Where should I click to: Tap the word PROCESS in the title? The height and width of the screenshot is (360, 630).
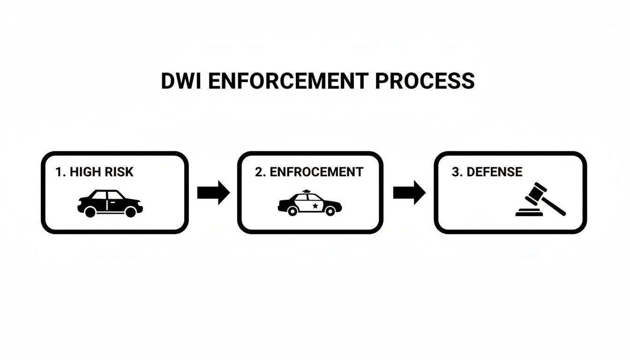[x=425, y=81]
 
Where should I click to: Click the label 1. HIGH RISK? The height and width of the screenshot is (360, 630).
[x=94, y=172]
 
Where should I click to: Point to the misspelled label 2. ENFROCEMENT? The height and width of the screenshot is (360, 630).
[x=309, y=172]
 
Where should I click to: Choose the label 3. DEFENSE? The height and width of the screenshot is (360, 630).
[x=487, y=172]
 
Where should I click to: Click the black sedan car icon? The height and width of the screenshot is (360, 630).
[x=110, y=203]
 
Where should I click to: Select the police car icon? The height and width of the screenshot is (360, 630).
[x=309, y=204]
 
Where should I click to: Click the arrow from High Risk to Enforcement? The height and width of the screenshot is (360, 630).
[x=213, y=192]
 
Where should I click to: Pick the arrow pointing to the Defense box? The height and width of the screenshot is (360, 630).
[x=409, y=192]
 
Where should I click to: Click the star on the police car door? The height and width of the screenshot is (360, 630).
[x=315, y=205]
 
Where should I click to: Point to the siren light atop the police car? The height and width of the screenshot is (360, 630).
[x=307, y=191]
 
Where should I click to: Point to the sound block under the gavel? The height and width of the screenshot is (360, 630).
[x=529, y=214]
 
